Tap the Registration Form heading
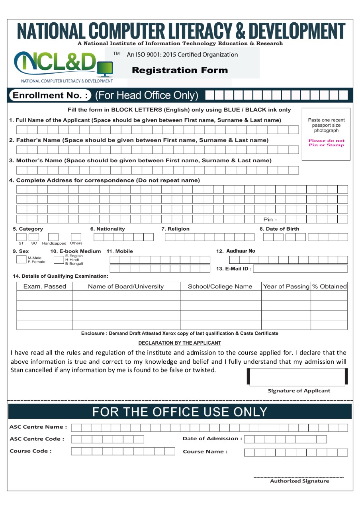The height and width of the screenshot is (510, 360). pyautogui.click(x=180, y=71)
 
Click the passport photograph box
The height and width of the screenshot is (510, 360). pyautogui.click(x=326, y=134)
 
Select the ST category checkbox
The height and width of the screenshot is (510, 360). pyautogui.click(x=21, y=237)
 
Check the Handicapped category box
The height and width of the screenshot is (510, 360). pyautogui.click(x=53, y=237)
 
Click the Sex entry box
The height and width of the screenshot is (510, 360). pyautogui.click(x=21, y=259)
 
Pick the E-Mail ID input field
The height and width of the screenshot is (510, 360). pyautogui.click(x=300, y=269)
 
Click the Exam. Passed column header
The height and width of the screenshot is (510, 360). pyautogui.click(x=45, y=286)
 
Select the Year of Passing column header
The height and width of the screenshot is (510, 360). pyautogui.click(x=286, y=286)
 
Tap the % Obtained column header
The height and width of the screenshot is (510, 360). pyautogui.click(x=329, y=286)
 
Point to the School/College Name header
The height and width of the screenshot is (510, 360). pyautogui.click(x=220, y=286)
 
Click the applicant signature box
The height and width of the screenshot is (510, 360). pyautogui.click(x=297, y=377)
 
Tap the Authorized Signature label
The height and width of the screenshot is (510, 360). pyautogui.click(x=299, y=481)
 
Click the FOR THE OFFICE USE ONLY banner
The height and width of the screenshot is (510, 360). pyautogui.click(x=180, y=412)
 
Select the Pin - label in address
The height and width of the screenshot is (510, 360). pyautogui.click(x=270, y=220)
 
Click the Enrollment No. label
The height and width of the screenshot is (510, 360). pyautogui.click(x=50, y=96)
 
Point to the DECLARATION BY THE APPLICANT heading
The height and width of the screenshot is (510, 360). pyautogui.click(x=180, y=343)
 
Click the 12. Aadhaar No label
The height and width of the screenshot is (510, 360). pyautogui.click(x=236, y=251)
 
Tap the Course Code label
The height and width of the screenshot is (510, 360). pyautogui.click(x=31, y=451)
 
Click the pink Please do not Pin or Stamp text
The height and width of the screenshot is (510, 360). pyautogui.click(x=326, y=143)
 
